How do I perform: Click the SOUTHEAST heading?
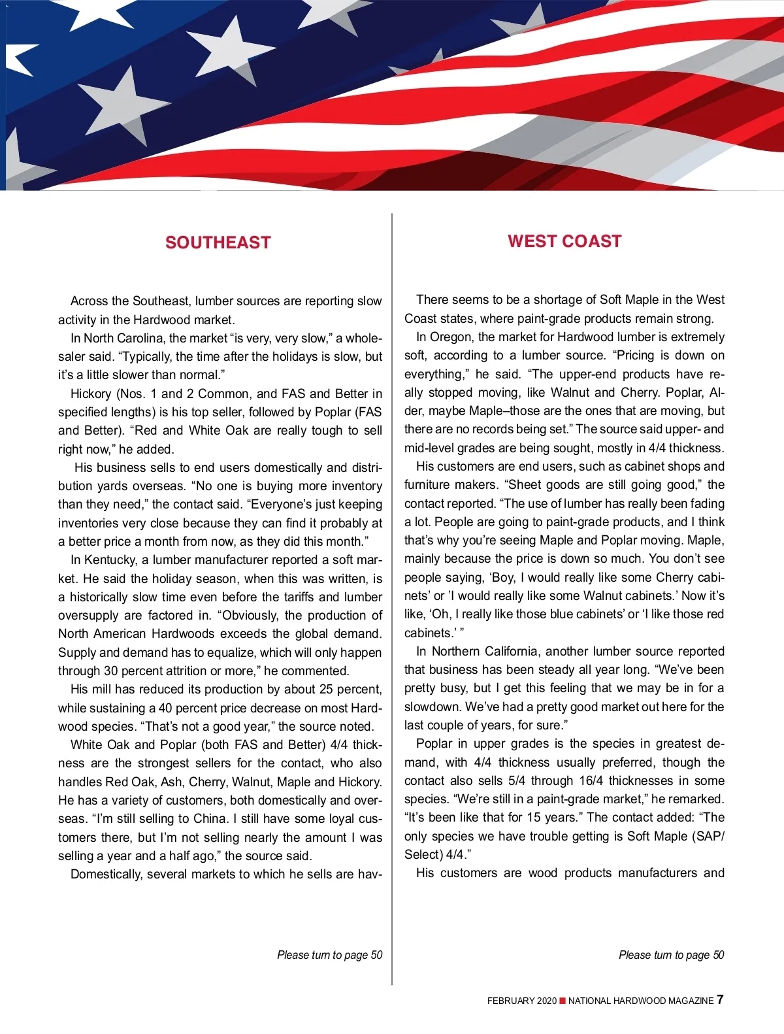point(218,242)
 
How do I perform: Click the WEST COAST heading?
point(564,241)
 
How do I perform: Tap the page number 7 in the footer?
point(720,999)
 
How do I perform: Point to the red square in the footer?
point(563,1001)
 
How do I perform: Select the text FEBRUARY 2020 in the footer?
point(521,1001)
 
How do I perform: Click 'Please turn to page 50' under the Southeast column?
point(329,955)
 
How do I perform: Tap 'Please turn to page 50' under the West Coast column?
point(671,955)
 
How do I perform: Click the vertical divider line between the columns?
point(392,588)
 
